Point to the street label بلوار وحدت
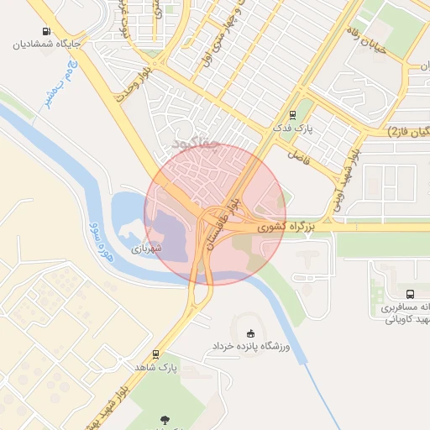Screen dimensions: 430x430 pos(139,87)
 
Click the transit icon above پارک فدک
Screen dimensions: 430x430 pos(292,115)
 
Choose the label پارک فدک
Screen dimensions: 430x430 pos(292,128)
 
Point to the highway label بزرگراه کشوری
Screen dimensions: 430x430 pos(286,227)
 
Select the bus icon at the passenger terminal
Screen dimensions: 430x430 pos(410,294)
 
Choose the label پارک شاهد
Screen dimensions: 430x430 pos(155,368)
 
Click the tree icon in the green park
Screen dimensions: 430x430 pos(164,419)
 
